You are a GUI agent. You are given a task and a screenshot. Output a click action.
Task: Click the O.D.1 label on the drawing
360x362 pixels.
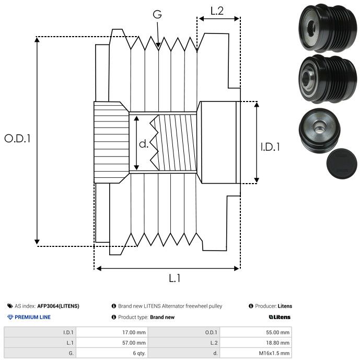pyautogui.click(x=17, y=139)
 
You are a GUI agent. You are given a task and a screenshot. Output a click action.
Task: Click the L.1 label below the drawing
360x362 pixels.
pyautogui.click(x=175, y=278)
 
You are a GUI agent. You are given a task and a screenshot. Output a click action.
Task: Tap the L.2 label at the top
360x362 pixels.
pyautogui.click(x=217, y=11)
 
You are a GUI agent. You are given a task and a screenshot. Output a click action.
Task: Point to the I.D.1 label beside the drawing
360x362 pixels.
pyautogui.click(x=270, y=147)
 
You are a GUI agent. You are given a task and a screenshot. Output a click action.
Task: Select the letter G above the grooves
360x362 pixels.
pyautogui.click(x=157, y=14)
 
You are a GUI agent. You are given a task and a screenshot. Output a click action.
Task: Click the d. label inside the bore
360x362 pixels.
pyautogui.click(x=144, y=144)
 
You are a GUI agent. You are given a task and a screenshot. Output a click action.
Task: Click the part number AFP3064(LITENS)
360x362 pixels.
pyautogui.click(x=58, y=306)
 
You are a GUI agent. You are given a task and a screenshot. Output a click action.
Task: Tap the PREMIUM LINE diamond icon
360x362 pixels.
pyautogui.click(x=10, y=317)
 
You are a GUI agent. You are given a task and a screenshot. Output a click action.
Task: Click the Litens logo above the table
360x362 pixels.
pyautogui.click(x=280, y=317)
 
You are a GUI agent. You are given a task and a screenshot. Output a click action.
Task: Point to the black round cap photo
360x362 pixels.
pyautogui.click(x=342, y=164)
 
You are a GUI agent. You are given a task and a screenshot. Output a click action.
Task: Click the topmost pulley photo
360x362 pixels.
pyautogui.click(x=328, y=28)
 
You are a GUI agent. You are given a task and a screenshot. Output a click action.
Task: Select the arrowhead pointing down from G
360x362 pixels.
pyautogui.click(x=158, y=45)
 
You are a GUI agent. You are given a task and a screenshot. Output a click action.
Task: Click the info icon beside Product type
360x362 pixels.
pyautogui.click(x=114, y=317)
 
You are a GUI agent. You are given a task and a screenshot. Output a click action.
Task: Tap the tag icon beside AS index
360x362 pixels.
pyautogui.click(x=10, y=306)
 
